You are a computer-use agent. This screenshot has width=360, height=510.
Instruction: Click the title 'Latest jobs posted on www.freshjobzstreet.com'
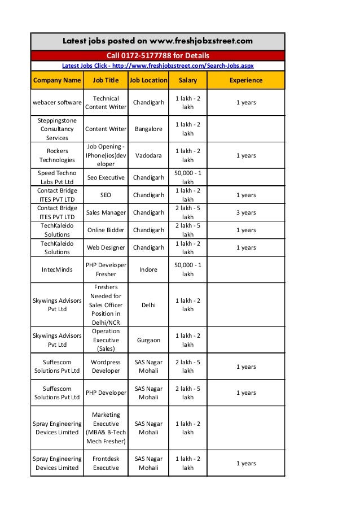(157, 41)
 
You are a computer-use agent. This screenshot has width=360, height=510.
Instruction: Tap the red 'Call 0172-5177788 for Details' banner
(157, 56)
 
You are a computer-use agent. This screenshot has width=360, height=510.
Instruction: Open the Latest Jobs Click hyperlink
(157, 66)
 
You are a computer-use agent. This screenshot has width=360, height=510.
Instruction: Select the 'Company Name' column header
(57, 80)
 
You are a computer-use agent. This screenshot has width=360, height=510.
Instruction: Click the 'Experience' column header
(245, 80)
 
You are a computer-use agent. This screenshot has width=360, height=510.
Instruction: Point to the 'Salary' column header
(188, 80)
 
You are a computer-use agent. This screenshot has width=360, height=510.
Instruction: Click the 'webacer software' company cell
(57, 103)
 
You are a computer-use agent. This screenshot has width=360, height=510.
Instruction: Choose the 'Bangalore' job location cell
(148, 129)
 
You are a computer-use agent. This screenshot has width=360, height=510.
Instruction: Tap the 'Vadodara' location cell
(148, 155)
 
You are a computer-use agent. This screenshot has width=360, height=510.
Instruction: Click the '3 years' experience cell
(245, 212)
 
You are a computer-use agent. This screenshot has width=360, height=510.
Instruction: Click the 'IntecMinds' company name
(57, 269)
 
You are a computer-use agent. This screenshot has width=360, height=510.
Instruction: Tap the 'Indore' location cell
(148, 269)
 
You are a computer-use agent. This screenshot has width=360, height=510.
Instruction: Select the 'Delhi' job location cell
(148, 304)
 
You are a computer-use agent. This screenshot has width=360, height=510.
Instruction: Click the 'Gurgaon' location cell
(148, 340)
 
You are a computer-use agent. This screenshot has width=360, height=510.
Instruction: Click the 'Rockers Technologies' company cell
(57, 155)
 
